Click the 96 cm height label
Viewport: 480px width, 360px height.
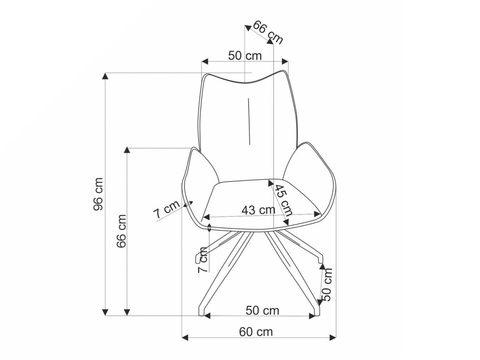[98, 194]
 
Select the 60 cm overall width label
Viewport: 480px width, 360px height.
[256, 332]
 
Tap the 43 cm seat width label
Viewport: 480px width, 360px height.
[258, 210]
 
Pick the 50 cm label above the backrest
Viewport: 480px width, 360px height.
[245, 56]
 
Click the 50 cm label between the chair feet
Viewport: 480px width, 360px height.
[262, 310]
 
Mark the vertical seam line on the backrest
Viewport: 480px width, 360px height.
[249, 121]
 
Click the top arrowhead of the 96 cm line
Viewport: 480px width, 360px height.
[105, 76]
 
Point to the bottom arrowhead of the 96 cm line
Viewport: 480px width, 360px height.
[105, 312]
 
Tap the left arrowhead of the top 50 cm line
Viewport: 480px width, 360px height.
[204, 62]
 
